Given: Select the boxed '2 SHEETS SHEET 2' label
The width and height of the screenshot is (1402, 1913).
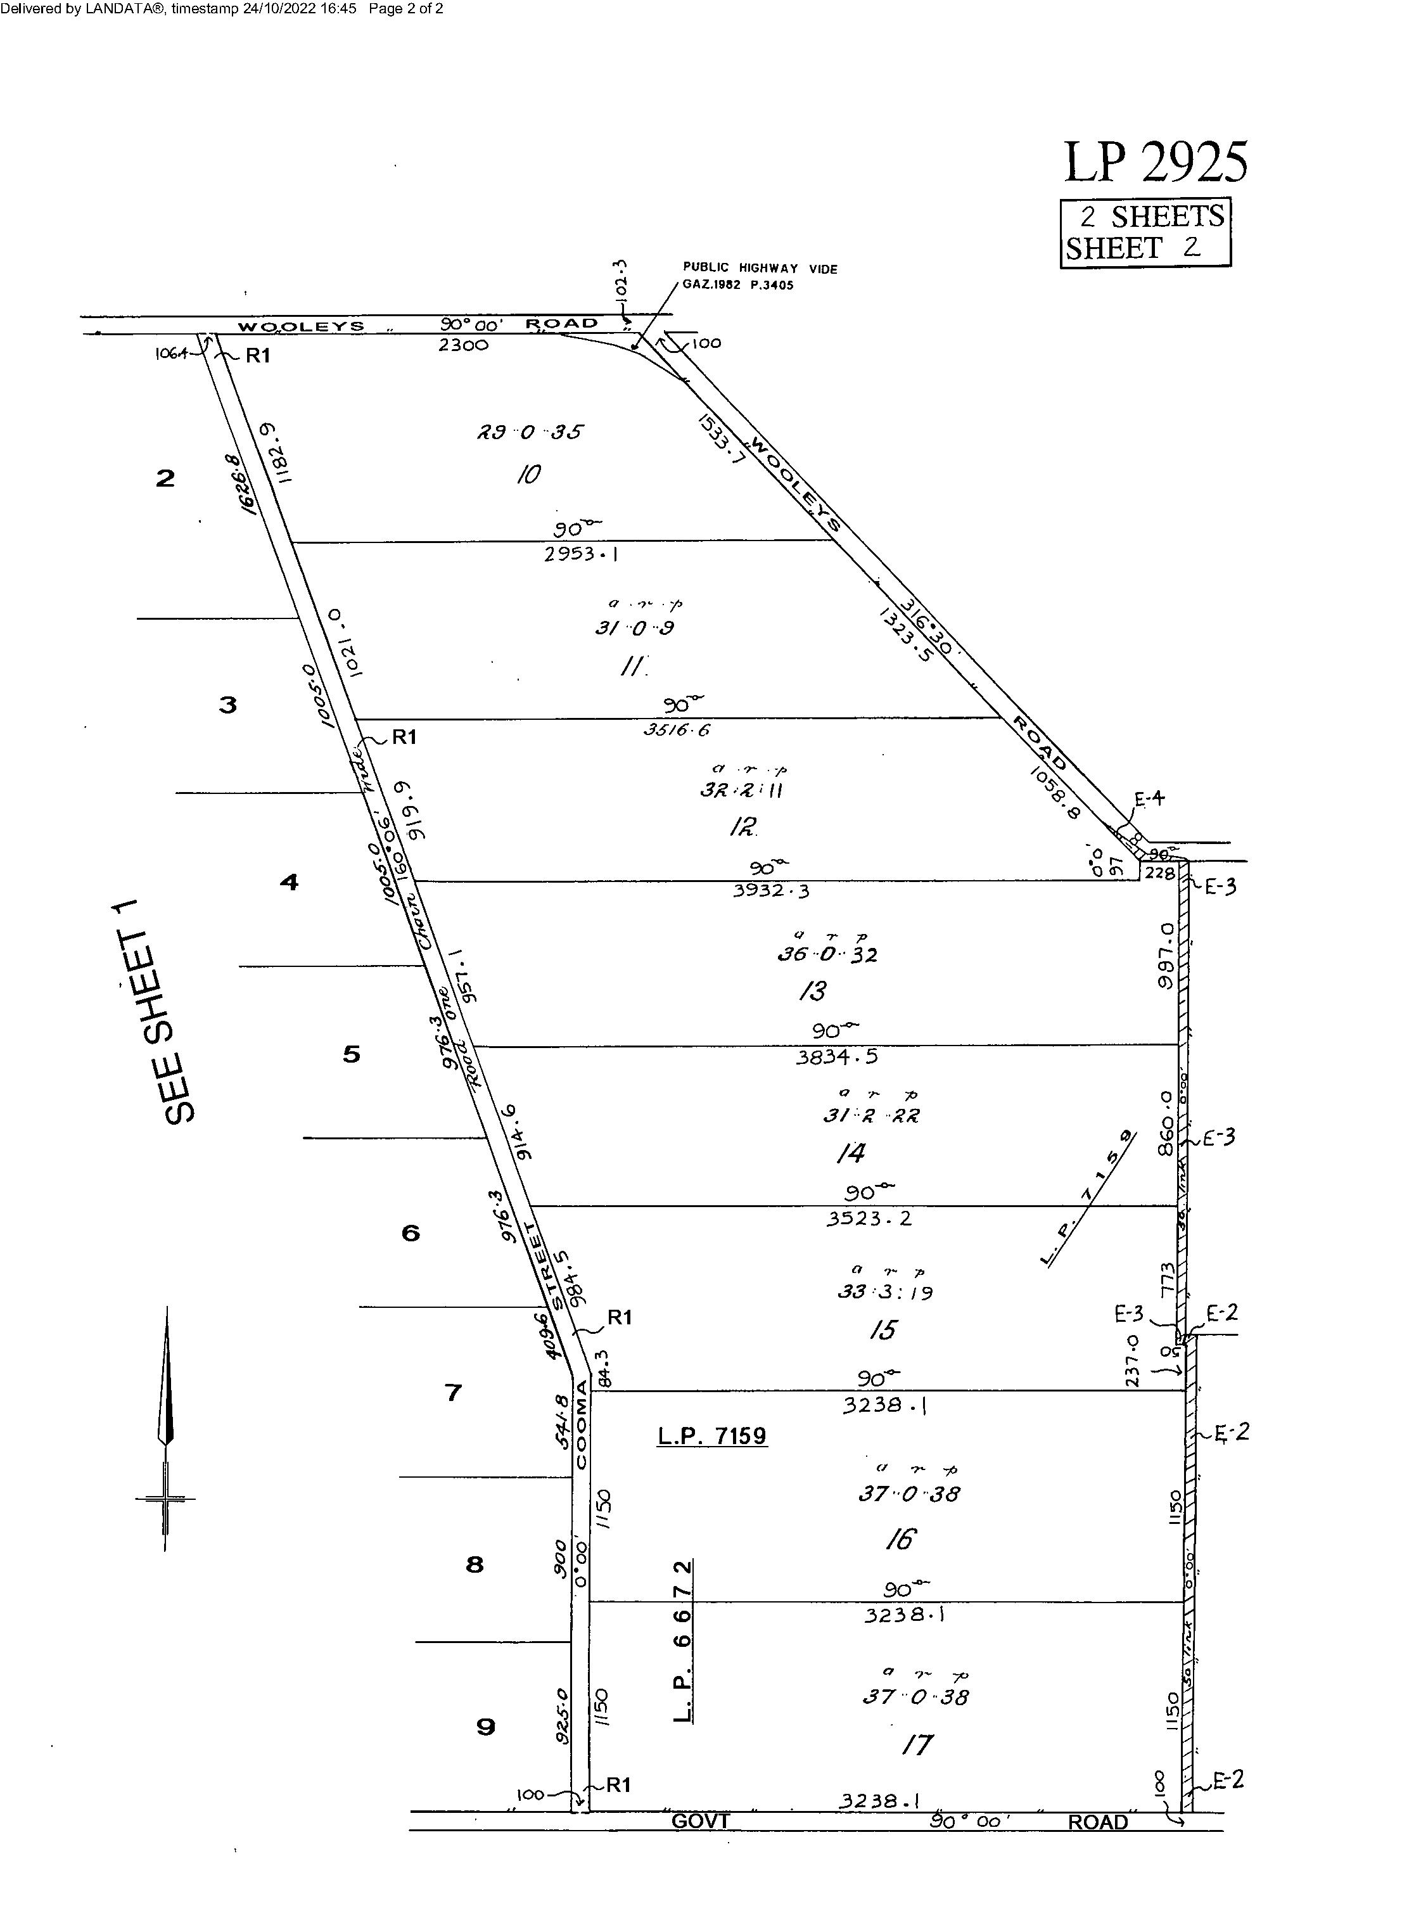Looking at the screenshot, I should tap(1145, 233).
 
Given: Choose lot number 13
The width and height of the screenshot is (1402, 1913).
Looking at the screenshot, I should tap(812, 990).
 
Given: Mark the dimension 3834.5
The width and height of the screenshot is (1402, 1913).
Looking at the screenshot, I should tap(836, 1058).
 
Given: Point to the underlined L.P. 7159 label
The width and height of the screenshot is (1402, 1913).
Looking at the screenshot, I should tap(712, 1436).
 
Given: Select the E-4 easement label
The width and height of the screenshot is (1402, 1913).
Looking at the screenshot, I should tap(1150, 798).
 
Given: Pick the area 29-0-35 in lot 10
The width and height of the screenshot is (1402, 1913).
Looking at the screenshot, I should tap(530, 432).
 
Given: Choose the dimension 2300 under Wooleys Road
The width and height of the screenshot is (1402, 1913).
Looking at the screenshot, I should tap(462, 345).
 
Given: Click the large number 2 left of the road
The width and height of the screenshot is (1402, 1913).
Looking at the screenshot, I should tap(165, 478).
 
